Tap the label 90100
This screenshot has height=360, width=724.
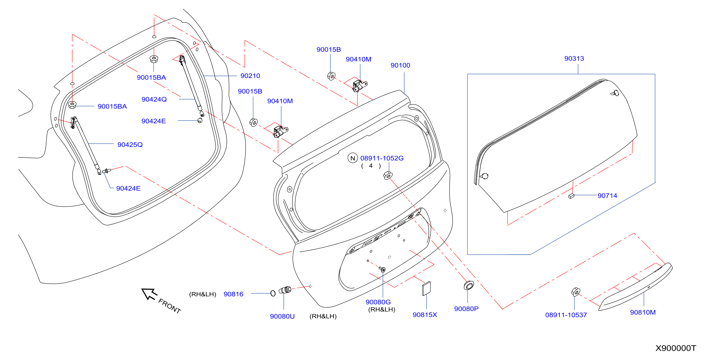pos(400,65)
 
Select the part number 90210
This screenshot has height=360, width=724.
pos(250,76)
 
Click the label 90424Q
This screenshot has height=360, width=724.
pos(154,99)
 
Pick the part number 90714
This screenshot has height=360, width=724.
pos(607,196)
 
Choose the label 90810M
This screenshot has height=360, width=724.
pos(642,312)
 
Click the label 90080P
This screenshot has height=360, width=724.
pos(466,309)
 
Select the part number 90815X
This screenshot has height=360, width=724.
pos(425,314)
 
